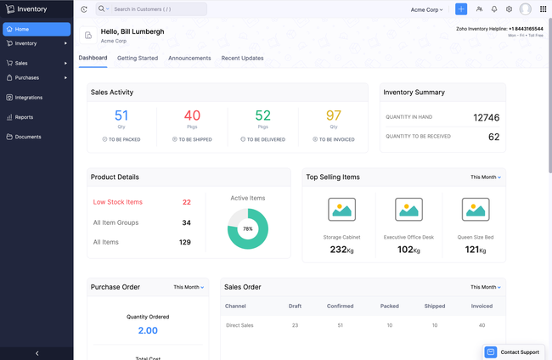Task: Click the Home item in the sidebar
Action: click(36, 29)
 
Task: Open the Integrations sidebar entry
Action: click(28, 98)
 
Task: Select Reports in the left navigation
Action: click(24, 117)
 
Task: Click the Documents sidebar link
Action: click(27, 137)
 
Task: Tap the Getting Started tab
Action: click(138, 58)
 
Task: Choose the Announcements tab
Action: click(189, 58)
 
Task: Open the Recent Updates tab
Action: click(242, 58)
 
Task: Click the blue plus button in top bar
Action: click(461, 9)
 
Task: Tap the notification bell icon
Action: click(494, 9)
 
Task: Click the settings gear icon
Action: click(510, 9)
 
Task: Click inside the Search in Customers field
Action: click(157, 9)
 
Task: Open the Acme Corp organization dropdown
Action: click(426, 9)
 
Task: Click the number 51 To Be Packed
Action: click(121, 115)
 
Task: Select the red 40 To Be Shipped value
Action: click(192, 115)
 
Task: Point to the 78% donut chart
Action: click(248, 228)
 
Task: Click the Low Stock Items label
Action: click(117, 202)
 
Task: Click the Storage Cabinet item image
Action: click(341, 209)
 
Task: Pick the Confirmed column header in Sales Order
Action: click(341, 306)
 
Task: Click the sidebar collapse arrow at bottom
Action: click(37, 352)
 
